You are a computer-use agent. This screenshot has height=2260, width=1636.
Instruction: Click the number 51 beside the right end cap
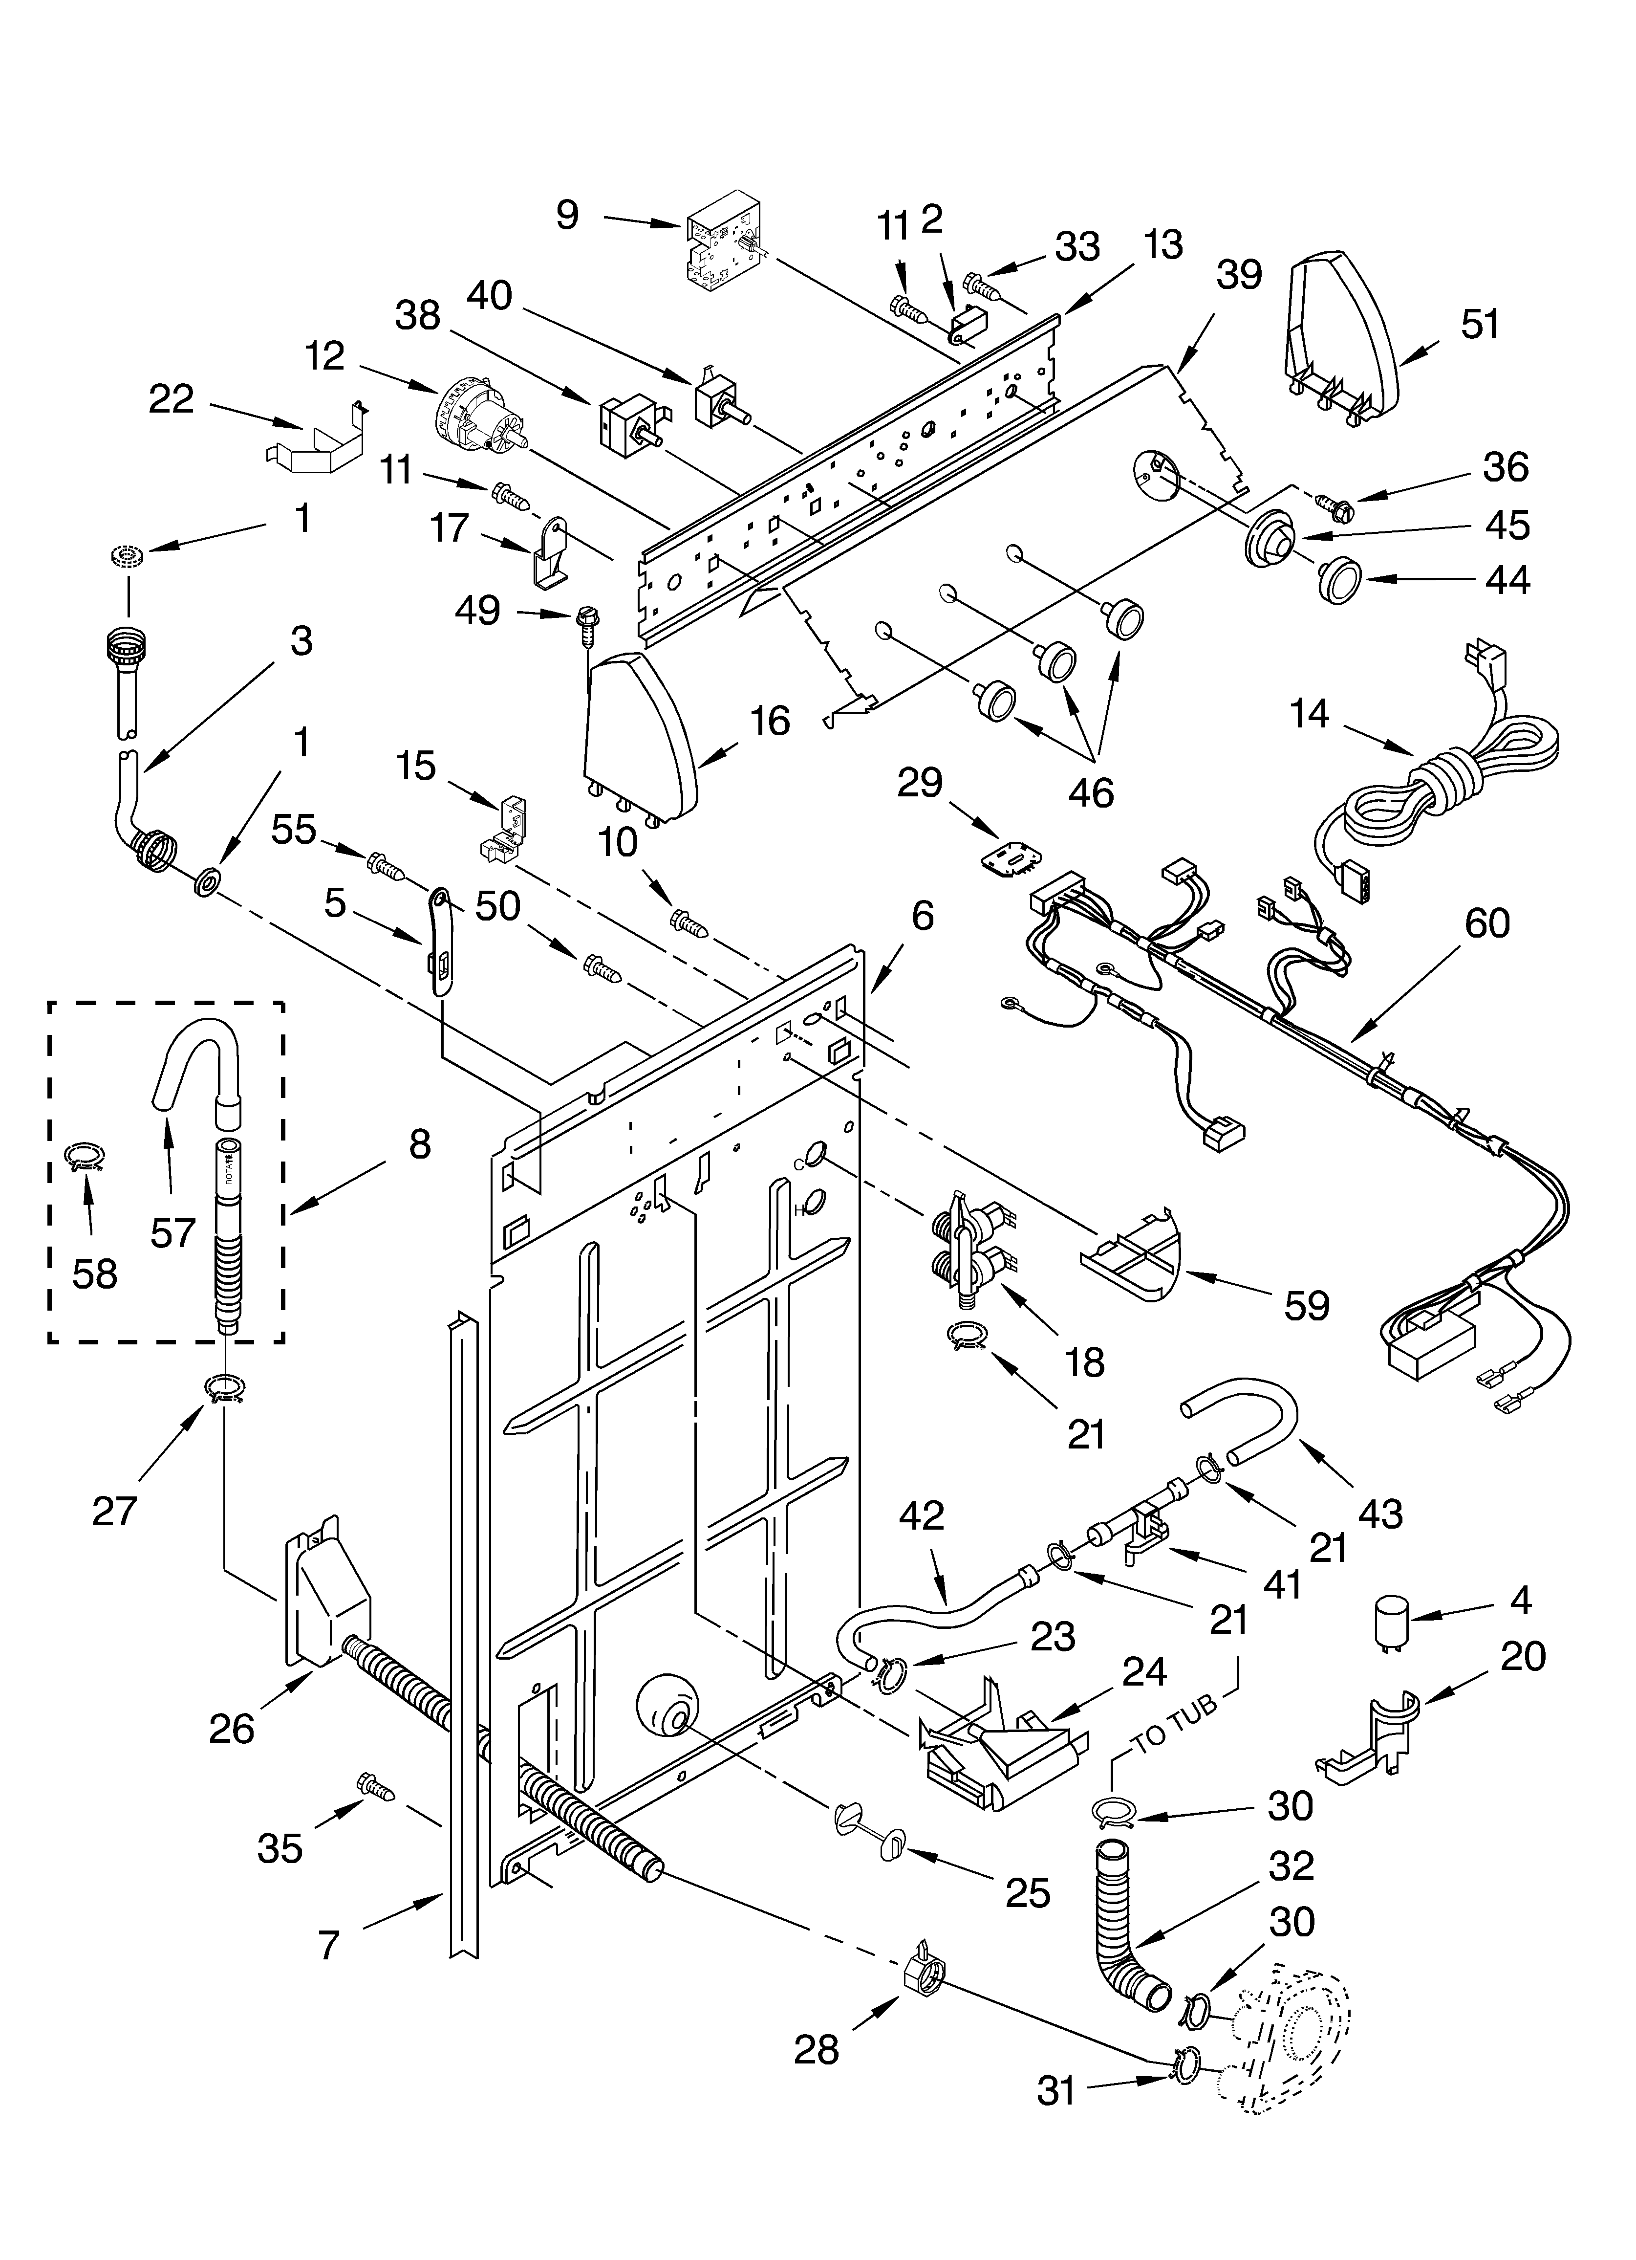(x=1480, y=325)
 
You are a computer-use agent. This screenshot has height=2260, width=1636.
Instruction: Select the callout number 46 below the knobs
(x=1090, y=792)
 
